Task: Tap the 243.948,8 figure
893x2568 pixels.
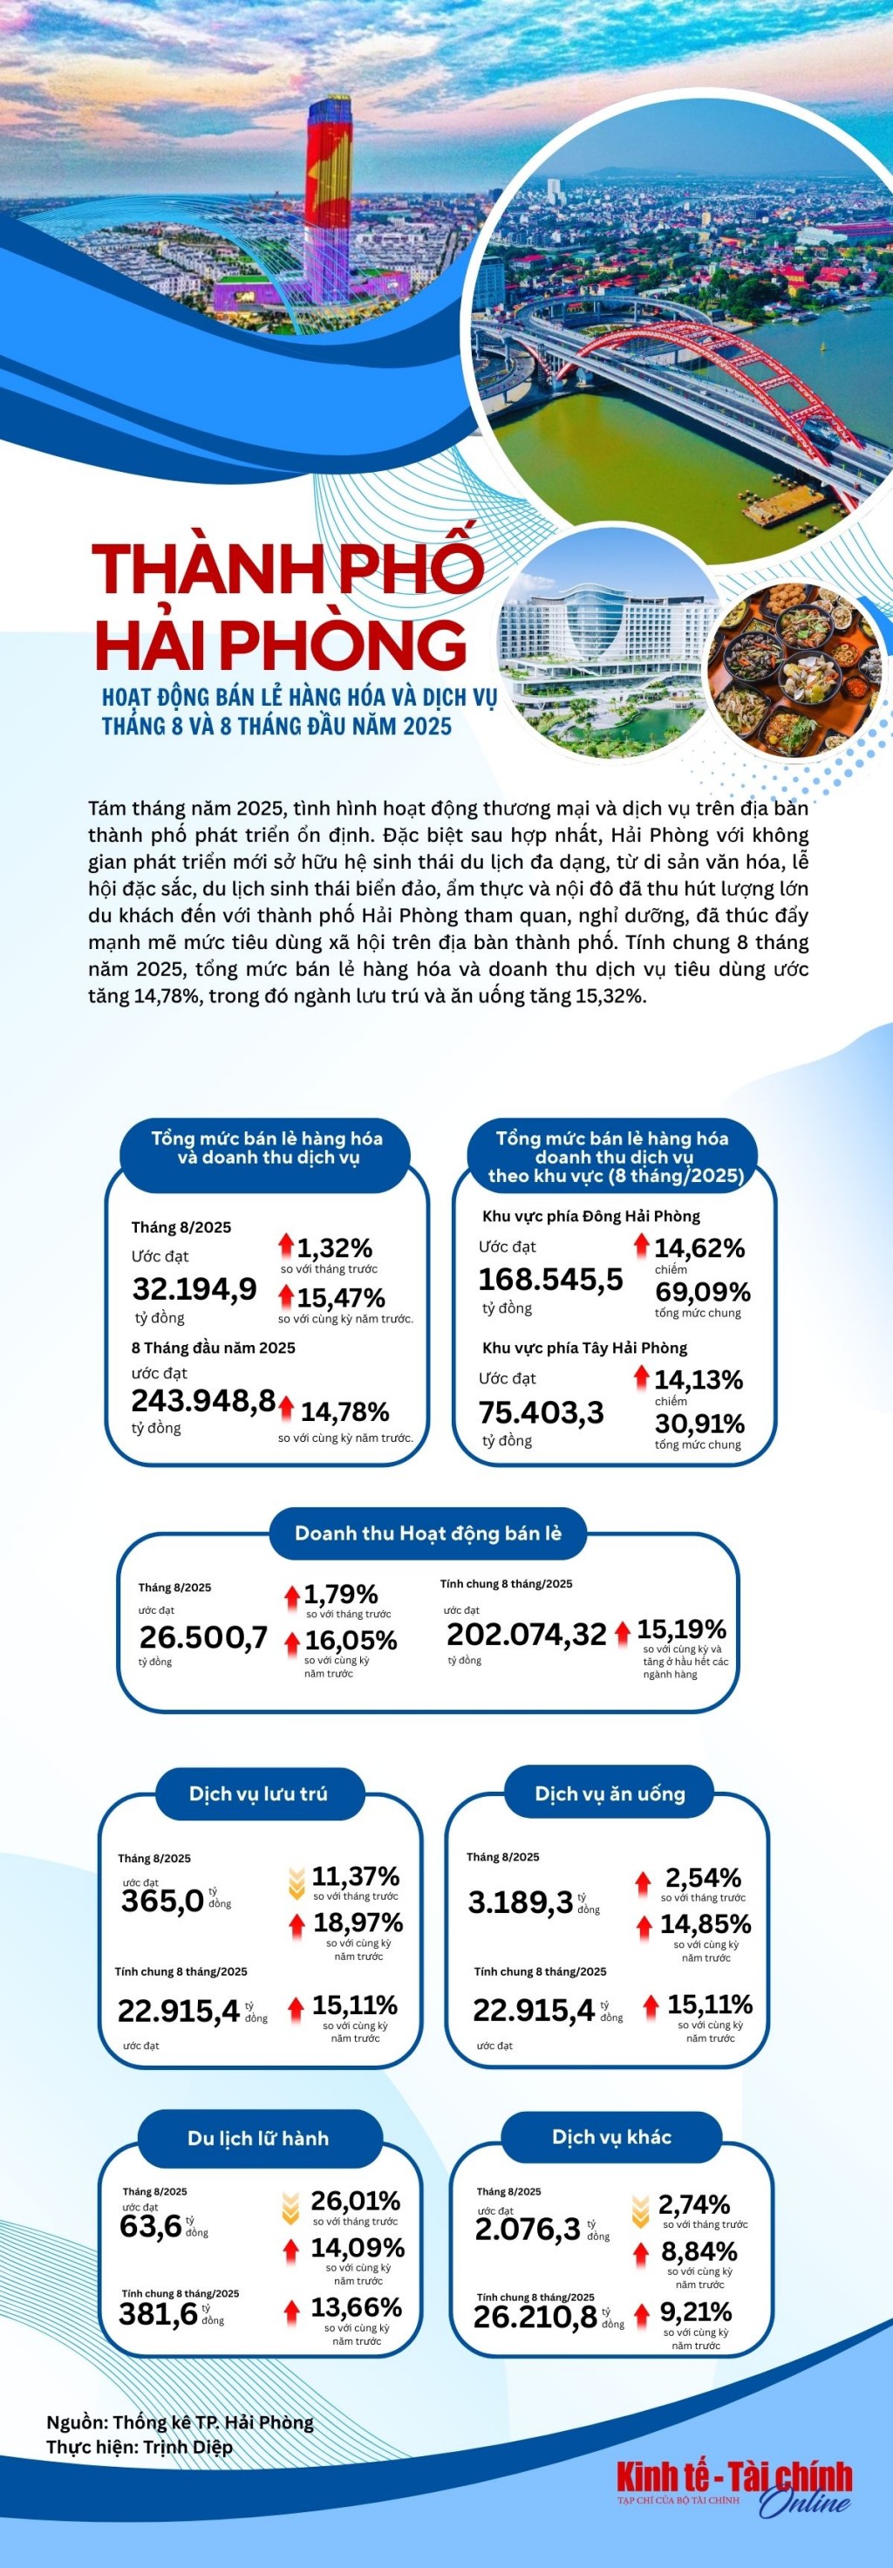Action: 203,1400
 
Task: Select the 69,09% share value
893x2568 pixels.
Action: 702,1292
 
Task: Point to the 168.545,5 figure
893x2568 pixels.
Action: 550,1278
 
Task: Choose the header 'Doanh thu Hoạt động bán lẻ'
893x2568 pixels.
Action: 427,1533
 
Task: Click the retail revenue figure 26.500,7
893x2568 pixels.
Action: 203,1637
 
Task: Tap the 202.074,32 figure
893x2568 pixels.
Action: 526,1633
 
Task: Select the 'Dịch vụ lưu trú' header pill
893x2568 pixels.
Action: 258,1793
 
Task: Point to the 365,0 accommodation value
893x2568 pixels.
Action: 162,1900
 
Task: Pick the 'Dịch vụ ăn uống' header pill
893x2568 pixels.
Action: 610,1793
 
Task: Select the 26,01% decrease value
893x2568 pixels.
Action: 355,2200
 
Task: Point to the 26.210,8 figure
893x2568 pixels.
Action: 535,2317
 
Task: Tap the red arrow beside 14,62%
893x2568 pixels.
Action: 641,1244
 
